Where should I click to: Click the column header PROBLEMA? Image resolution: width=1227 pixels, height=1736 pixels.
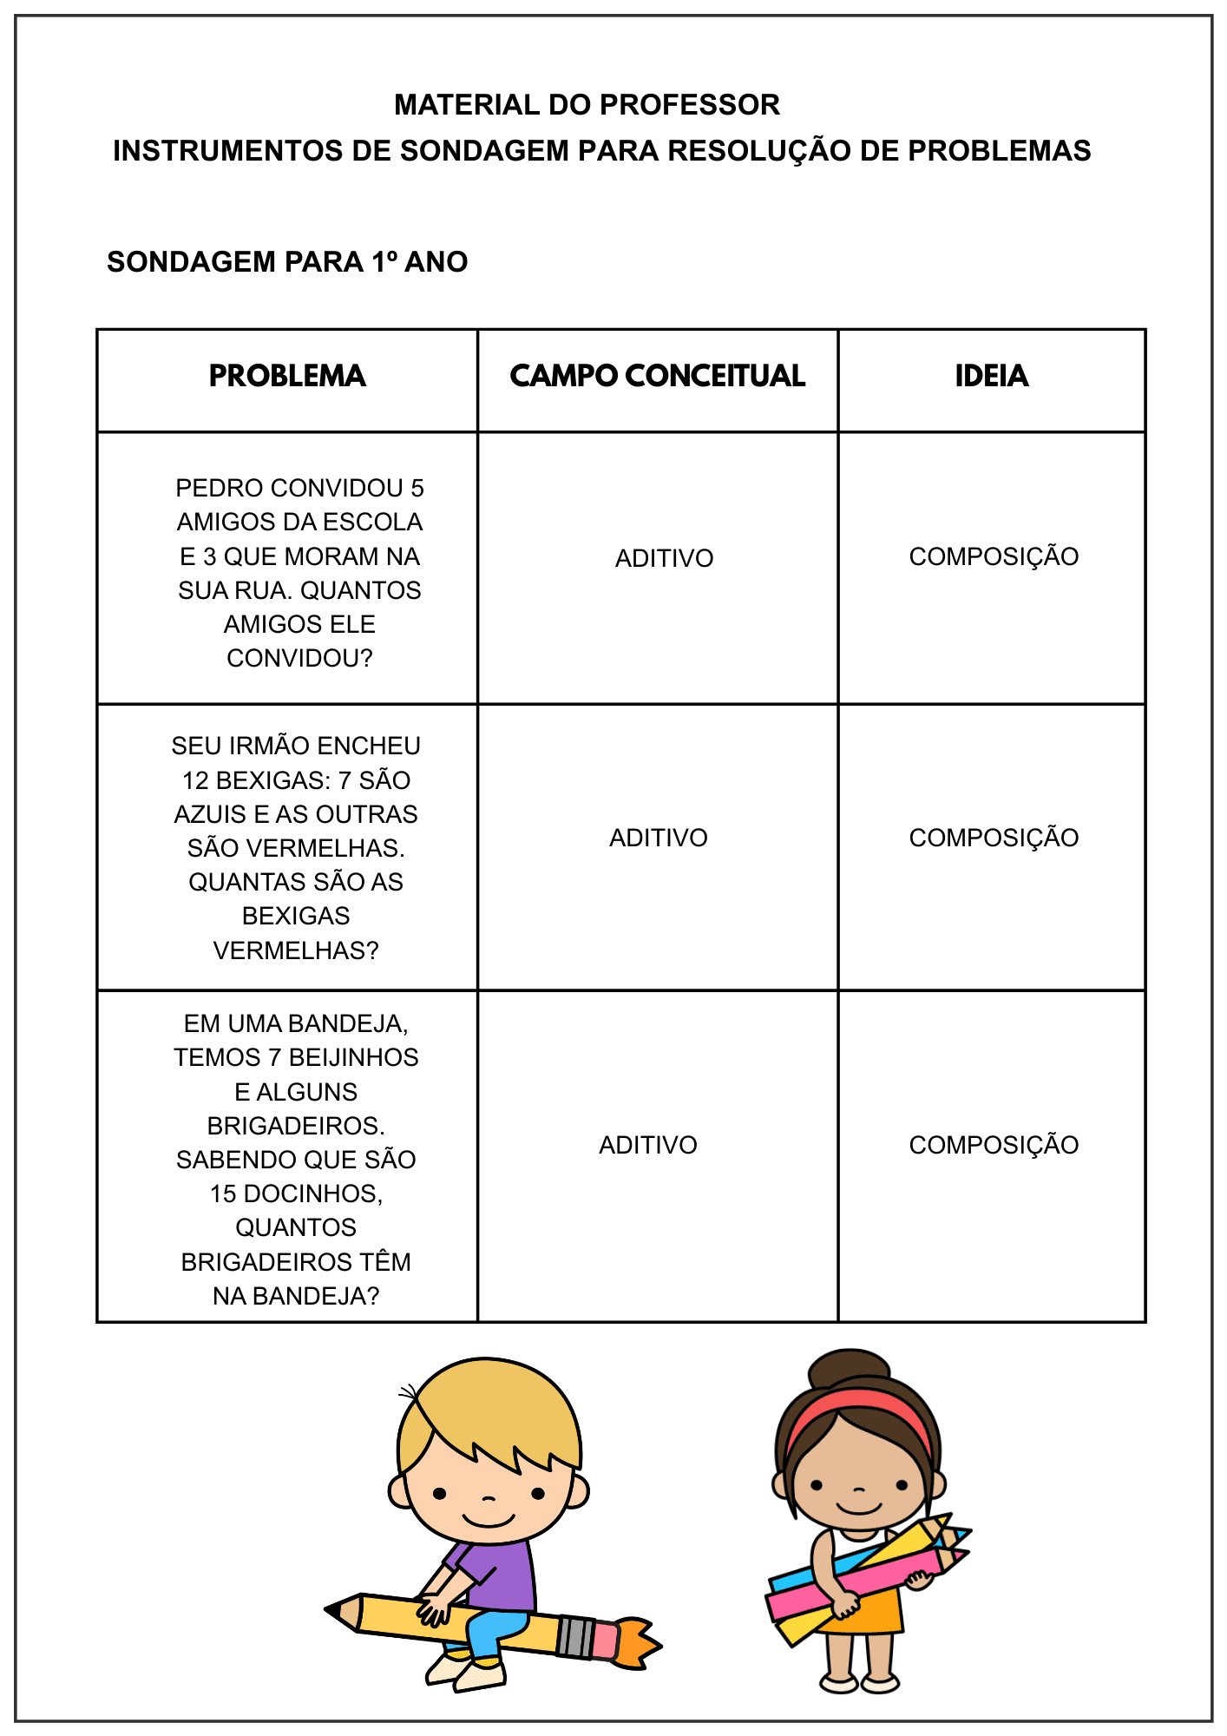[x=287, y=376]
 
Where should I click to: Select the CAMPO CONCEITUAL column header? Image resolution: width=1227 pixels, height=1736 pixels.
[x=657, y=376]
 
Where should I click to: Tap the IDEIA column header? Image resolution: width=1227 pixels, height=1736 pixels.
[x=991, y=376]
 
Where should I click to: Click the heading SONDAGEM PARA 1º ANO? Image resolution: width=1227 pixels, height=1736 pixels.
[x=287, y=262]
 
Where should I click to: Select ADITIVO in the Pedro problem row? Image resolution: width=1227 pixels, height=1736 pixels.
[x=664, y=558]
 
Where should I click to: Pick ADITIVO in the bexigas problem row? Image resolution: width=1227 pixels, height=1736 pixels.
[x=658, y=838]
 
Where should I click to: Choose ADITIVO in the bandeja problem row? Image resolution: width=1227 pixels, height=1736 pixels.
[x=647, y=1145]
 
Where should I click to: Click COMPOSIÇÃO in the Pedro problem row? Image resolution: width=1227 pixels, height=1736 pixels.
[x=994, y=556]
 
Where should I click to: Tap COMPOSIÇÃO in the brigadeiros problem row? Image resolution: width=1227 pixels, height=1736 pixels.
[x=994, y=1145]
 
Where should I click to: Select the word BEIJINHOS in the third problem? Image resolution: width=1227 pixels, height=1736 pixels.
[x=353, y=1057]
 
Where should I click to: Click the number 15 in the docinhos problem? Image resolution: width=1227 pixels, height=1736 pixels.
[x=223, y=1193]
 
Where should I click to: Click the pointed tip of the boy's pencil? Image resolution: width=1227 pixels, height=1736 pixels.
[x=334, y=1610]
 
